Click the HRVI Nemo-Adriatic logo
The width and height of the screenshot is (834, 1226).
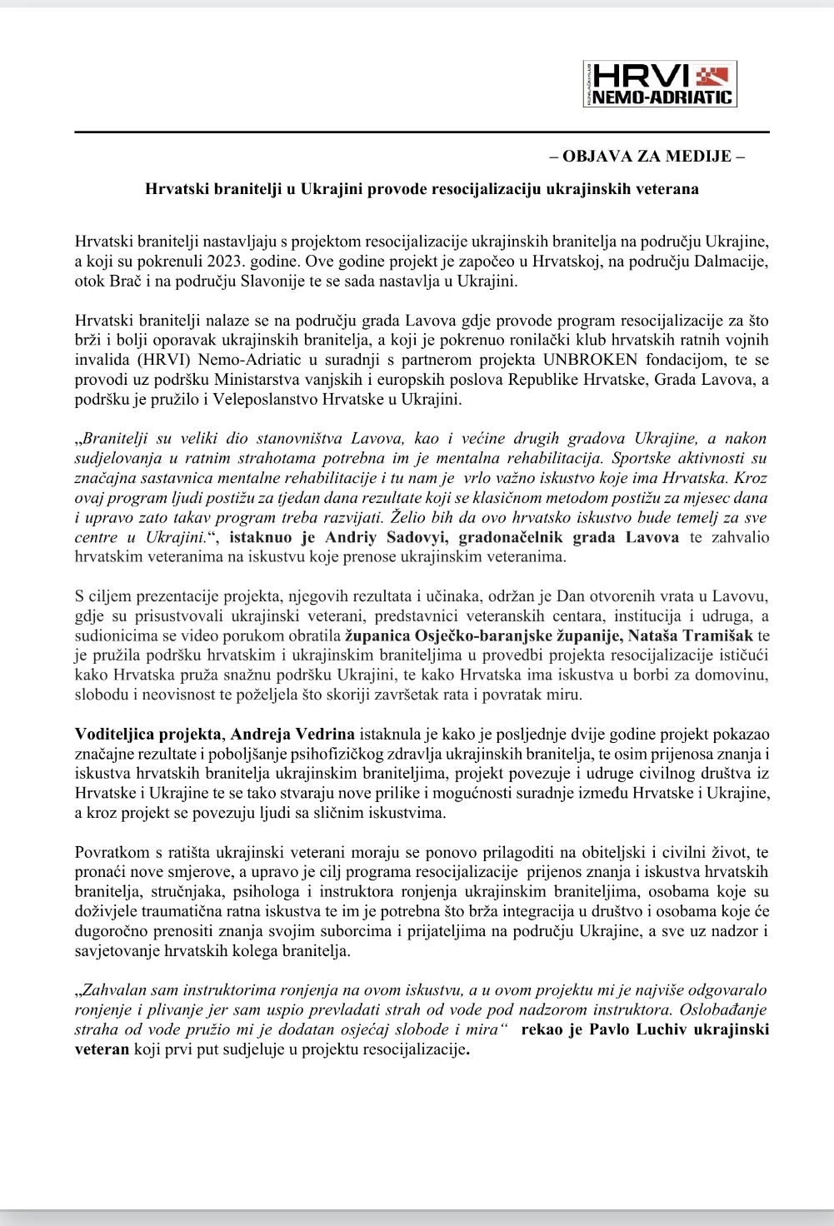[660, 83]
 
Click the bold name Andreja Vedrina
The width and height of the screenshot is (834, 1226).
[292, 735]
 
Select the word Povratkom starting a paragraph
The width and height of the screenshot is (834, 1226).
[111, 852]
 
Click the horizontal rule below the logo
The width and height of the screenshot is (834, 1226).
[422, 133]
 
